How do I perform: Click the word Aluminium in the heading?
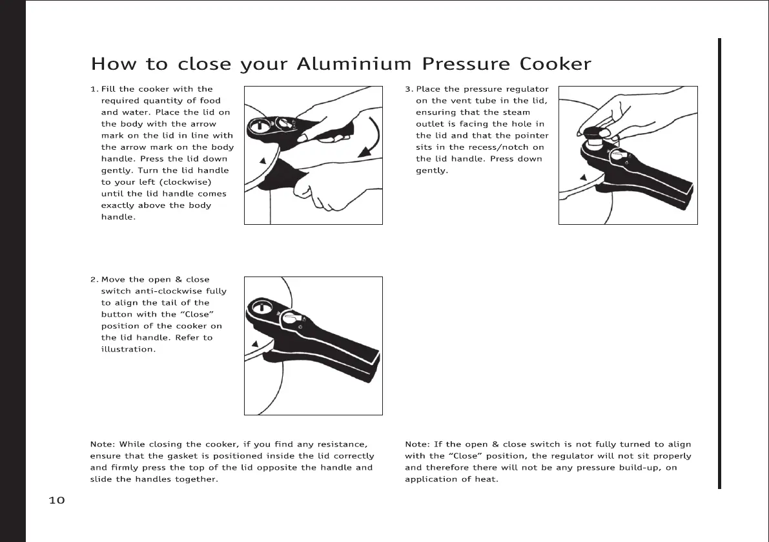pyautogui.click(x=353, y=65)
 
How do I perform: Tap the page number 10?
pyautogui.click(x=57, y=500)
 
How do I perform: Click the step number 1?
pyautogui.click(x=93, y=89)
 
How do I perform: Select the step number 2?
pyautogui.click(x=93, y=280)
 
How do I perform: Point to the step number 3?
pyautogui.click(x=407, y=89)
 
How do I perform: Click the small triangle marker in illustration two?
pyautogui.click(x=256, y=343)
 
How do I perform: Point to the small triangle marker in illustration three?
pyautogui.click(x=583, y=177)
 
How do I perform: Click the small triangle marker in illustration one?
pyautogui.click(x=263, y=160)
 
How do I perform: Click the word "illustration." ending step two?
pyautogui.click(x=128, y=349)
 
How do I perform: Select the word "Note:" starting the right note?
pyautogui.click(x=417, y=444)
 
